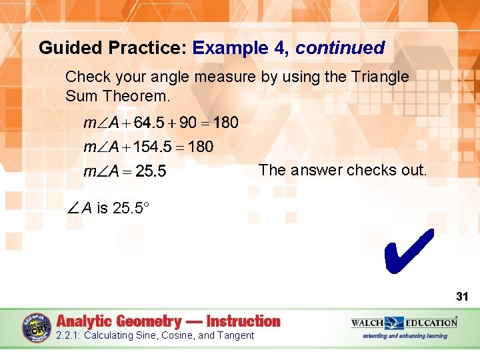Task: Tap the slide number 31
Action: point(462,295)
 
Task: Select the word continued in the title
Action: point(340,48)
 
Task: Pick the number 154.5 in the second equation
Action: point(153,147)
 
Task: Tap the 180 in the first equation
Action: point(225,123)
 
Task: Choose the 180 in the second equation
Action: point(200,147)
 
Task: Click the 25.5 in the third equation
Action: point(151,172)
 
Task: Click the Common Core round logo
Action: point(37,327)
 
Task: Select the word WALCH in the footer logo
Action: point(368,323)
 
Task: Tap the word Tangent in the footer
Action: point(233,335)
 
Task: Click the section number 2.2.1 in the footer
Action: point(68,335)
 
